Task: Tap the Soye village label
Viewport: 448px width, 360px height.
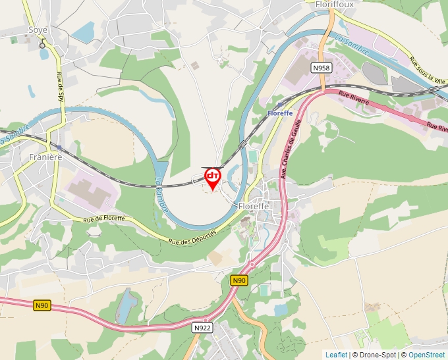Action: click(38, 30)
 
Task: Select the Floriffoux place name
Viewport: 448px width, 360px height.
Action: click(334, 4)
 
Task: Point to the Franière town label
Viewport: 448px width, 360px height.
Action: click(45, 157)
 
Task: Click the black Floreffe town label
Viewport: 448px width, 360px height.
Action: click(254, 206)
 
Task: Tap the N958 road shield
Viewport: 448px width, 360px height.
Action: click(321, 68)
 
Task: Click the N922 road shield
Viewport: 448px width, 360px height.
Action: click(202, 327)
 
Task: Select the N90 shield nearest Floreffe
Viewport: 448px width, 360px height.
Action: click(239, 280)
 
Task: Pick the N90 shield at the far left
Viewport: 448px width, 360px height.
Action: click(42, 305)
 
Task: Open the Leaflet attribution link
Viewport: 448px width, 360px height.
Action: click(336, 355)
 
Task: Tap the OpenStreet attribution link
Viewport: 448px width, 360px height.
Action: click(426, 355)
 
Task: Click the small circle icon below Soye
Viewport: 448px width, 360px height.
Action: click(43, 45)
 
